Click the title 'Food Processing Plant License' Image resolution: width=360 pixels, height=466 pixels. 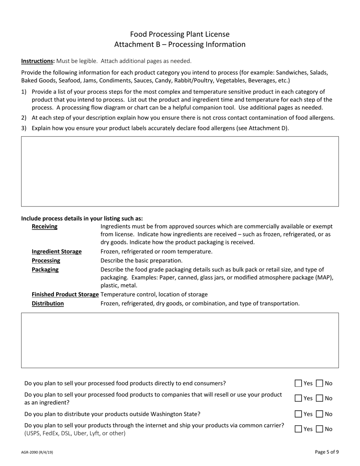click(180, 34)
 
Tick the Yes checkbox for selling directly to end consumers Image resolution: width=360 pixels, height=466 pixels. click(299, 383)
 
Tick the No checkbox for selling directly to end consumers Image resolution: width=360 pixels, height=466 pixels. click(320, 383)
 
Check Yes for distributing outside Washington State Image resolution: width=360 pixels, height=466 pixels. click(299, 414)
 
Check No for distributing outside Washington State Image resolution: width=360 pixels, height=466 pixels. click(320, 414)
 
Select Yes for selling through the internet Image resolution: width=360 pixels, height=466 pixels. click(299, 429)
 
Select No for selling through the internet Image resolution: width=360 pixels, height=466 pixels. click(320, 429)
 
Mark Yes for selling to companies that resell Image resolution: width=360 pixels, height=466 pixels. click(299, 398)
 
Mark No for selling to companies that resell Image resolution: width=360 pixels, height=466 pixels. click(320, 398)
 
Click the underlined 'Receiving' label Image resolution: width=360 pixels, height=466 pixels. click(44, 227)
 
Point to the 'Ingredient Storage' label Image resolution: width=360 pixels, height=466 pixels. click(56, 252)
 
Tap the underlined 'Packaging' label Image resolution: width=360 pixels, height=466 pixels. click(45, 270)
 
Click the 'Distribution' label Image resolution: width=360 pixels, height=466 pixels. click(48, 303)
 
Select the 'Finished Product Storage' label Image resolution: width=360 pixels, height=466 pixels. click(65, 294)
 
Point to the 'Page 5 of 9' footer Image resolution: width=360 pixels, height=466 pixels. click(327, 452)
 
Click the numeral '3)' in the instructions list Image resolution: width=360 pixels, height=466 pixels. click(24, 128)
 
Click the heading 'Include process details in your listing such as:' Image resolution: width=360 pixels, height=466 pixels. click(82, 218)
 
